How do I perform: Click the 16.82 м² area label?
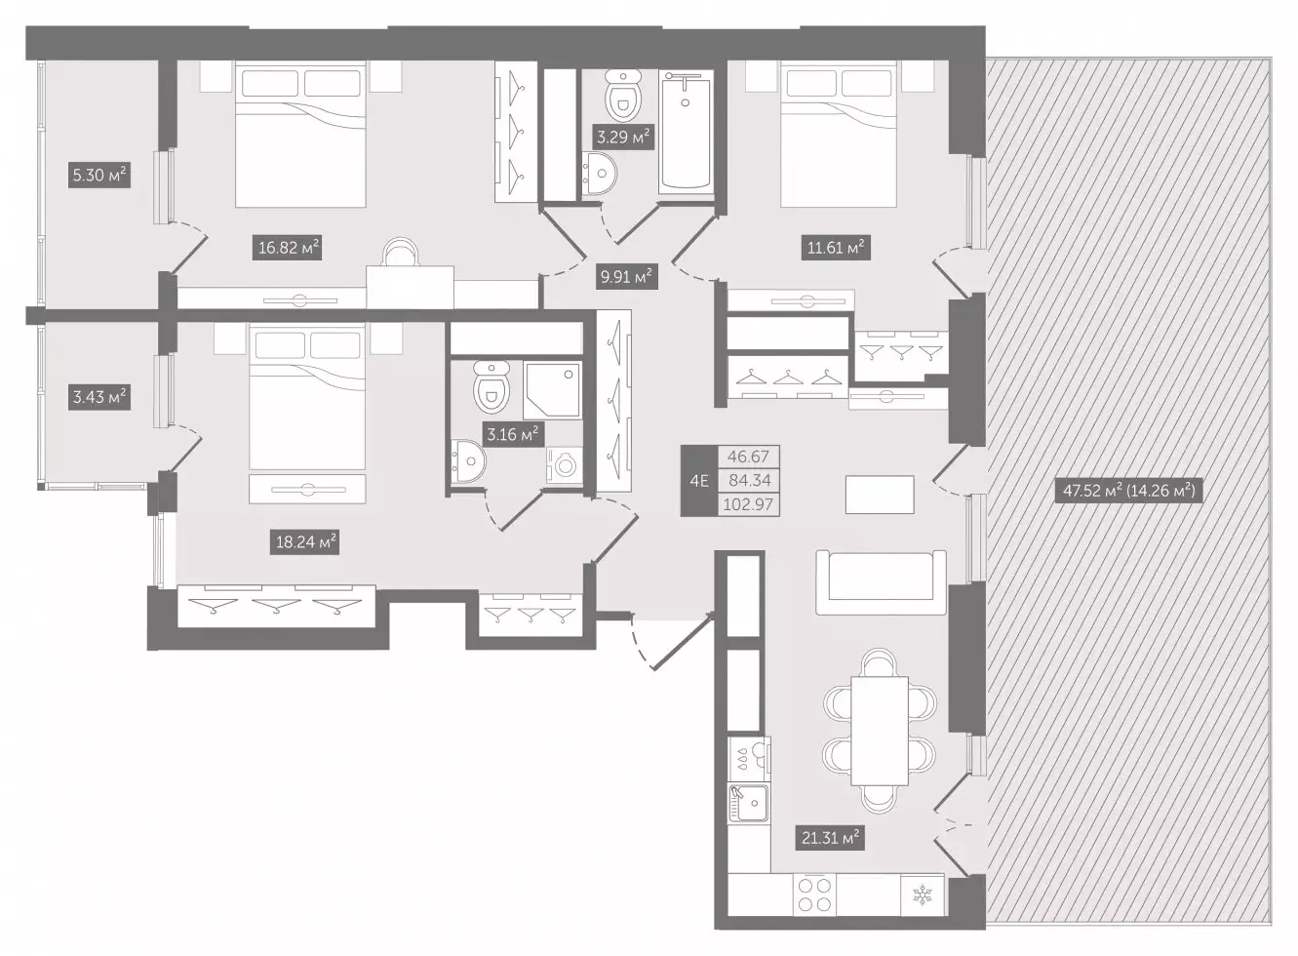click(x=287, y=248)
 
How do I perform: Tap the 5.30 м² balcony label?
click(x=99, y=175)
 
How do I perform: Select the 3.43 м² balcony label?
click(x=99, y=398)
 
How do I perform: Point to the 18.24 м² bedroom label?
click(x=304, y=542)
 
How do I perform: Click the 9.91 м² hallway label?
click(x=626, y=276)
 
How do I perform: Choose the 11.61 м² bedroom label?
click(x=836, y=248)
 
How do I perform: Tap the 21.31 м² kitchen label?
click(x=830, y=837)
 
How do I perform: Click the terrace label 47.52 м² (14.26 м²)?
click(x=1128, y=491)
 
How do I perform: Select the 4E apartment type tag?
click(x=699, y=481)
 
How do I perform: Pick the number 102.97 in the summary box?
click(x=748, y=504)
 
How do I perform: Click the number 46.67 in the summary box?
click(x=748, y=457)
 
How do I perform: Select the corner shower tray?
click(x=552, y=389)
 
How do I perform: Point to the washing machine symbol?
click(x=564, y=464)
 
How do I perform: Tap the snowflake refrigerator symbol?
click(x=922, y=895)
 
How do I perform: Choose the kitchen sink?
click(x=749, y=803)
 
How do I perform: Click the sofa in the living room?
click(x=881, y=582)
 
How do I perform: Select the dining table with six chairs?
click(x=879, y=731)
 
